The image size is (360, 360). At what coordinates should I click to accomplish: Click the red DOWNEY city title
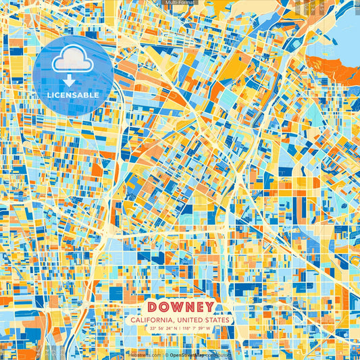click(x=180, y=306)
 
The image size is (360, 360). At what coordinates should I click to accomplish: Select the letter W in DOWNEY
click(x=175, y=306)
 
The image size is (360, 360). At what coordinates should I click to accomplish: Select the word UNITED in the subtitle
click(x=190, y=319)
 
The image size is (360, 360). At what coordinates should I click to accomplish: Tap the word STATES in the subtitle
click(x=218, y=319)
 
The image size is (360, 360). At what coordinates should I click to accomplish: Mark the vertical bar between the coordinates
click(x=180, y=329)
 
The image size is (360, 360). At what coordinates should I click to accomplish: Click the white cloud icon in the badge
click(x=73, y=61)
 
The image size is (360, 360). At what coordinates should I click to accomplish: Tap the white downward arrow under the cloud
click(x=73, y=80)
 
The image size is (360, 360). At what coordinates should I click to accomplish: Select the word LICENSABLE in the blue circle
click(x=73, y=95)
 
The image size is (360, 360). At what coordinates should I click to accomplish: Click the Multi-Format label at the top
click(x=180, y=3)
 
